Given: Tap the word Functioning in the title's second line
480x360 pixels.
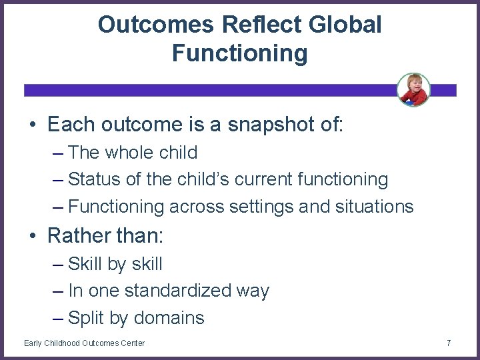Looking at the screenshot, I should click(239, 53).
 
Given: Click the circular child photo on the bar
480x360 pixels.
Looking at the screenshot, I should click(413, 89).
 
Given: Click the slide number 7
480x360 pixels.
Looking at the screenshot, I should click(449, 343).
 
